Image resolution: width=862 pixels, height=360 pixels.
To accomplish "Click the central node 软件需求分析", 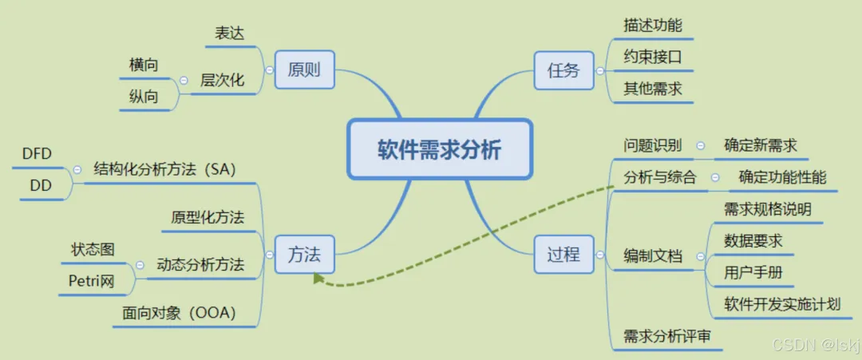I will point(439,149).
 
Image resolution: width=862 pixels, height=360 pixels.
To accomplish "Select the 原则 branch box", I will point(303,69).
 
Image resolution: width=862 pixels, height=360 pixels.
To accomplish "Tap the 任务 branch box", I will point(563,69).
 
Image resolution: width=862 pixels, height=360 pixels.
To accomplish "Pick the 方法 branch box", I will point(303,255).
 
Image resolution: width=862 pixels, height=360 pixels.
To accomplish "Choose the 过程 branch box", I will point(563,255).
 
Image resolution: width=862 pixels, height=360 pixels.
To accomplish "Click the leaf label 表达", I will point(229,34).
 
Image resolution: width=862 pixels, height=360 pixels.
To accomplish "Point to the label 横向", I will point(144,65).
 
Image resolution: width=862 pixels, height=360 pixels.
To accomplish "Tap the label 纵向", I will point(144,97).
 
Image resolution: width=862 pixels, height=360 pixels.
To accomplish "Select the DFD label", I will point(37,154).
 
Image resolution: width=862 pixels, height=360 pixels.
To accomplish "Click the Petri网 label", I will point(92,280).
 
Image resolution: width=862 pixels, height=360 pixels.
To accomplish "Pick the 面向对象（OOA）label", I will point(180,313).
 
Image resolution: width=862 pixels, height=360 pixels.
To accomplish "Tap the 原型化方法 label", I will point(208,217).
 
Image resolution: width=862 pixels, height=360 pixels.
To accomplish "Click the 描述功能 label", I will point(653,25).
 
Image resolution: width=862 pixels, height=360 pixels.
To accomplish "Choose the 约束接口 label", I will point(653,57).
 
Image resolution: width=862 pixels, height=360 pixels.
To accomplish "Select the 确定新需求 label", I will point(761,145).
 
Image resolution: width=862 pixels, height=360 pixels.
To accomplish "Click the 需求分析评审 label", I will point(667,337).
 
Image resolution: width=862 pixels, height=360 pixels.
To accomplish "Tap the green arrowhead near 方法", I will point(318,279).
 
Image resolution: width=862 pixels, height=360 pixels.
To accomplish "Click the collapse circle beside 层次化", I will point(184,80).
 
